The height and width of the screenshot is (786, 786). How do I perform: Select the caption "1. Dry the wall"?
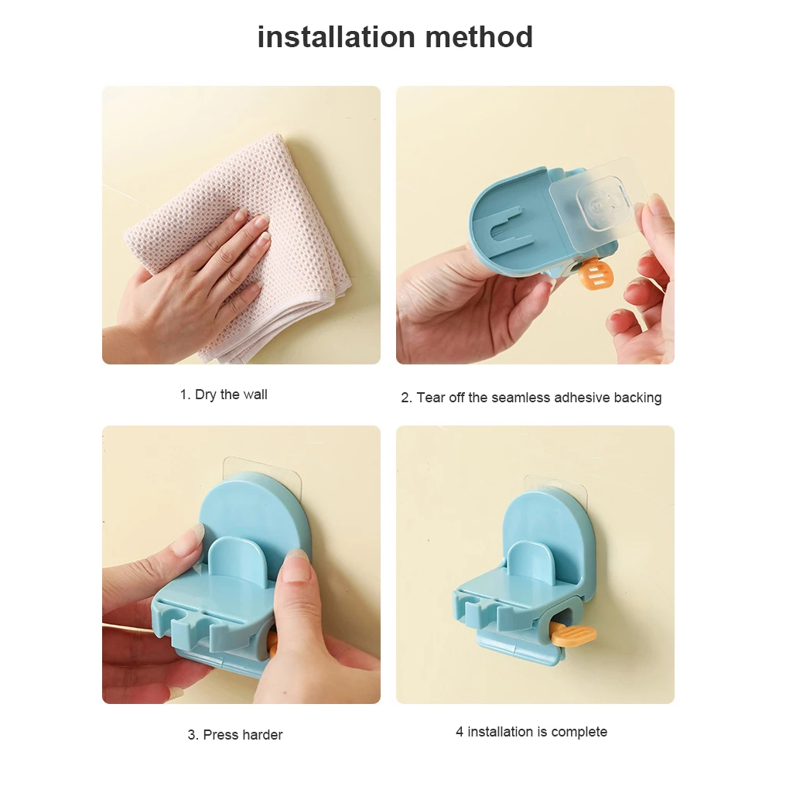(224, 395)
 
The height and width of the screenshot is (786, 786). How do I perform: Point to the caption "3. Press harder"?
(235, 735)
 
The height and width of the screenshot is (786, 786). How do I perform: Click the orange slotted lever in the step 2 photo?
(595, 274)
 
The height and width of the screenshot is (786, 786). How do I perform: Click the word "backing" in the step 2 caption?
(637, 398)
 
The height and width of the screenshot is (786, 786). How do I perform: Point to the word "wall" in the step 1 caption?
(255, 395)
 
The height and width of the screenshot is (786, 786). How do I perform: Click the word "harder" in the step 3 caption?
(263, 735)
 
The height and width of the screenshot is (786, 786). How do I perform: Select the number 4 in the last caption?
(460, 732)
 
